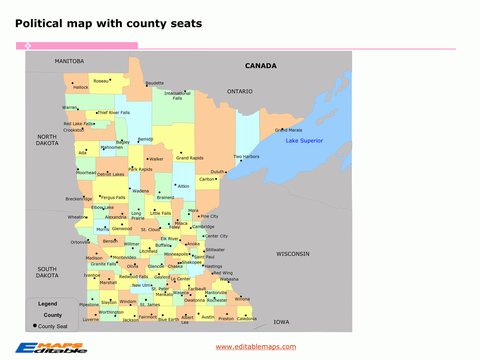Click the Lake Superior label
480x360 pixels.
(304, 141)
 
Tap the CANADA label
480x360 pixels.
(260, 66)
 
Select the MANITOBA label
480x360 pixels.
(69, 61)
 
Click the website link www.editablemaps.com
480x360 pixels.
(255, 347)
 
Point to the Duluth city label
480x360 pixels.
(217, 172)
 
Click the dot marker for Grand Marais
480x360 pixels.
(282, 129)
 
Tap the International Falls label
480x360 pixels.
(177, 96)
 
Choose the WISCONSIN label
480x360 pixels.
(293, 254)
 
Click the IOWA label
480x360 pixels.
(281, 322)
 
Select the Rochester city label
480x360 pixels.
(217, 300)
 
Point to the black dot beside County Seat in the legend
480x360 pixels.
(35, 326)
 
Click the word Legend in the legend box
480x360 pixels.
(48, 304)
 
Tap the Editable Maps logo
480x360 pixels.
(51, 348)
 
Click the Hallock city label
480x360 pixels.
(81, 87)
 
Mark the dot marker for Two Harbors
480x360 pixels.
(241, 161)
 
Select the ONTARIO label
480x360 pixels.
(240, 91)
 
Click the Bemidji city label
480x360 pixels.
(145, 139)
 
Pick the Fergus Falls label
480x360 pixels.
(113, 198)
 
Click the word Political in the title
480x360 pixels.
(39, 23)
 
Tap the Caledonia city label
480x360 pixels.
(246, 319)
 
